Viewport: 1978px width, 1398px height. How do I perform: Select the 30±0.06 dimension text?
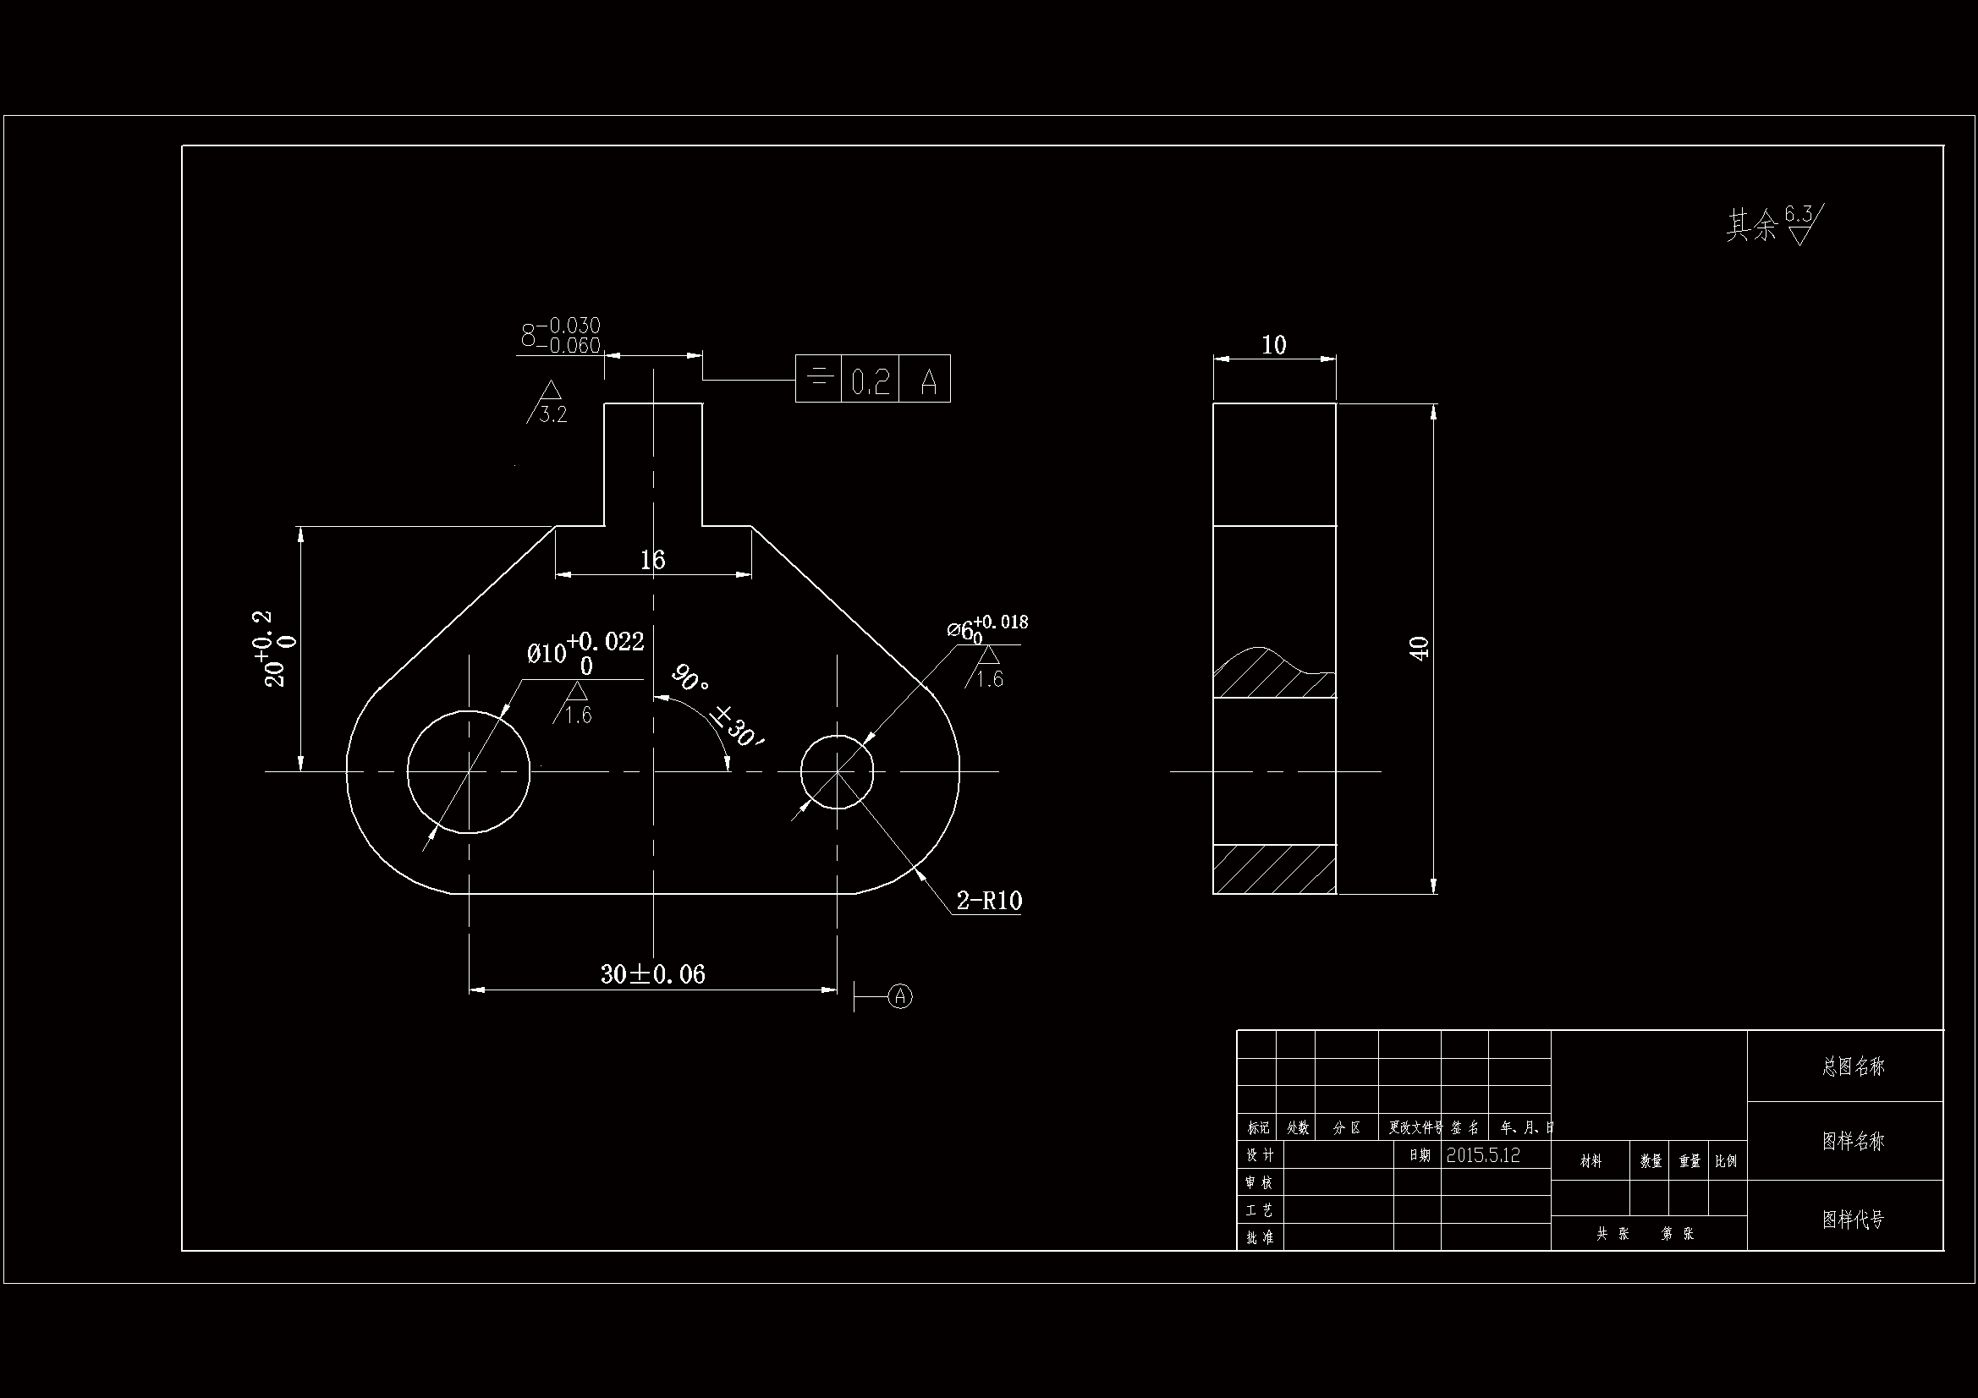(652, 974)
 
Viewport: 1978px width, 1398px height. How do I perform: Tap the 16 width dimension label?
(652, 561)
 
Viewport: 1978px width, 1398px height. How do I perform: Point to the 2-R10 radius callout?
(988, 901)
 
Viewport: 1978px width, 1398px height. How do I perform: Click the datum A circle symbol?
(900, 996)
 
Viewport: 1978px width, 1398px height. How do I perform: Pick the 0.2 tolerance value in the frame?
(870, 381)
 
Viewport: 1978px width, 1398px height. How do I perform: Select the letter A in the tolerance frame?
(928, 381)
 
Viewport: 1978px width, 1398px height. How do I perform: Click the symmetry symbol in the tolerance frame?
(818, 378)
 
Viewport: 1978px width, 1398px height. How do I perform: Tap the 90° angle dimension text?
(690, 678)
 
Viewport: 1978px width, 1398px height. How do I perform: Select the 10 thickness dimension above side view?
(1273, 345)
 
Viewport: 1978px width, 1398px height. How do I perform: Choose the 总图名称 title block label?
(1853, 1066)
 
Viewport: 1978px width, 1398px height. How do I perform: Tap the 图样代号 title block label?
(1853, 1219)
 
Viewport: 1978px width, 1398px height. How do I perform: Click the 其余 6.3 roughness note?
(1774, 223)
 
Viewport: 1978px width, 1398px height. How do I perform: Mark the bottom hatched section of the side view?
(1274, 869)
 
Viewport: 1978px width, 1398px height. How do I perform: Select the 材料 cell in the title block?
(1591, 1161)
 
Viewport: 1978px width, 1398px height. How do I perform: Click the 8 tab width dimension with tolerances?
(561, 336)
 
